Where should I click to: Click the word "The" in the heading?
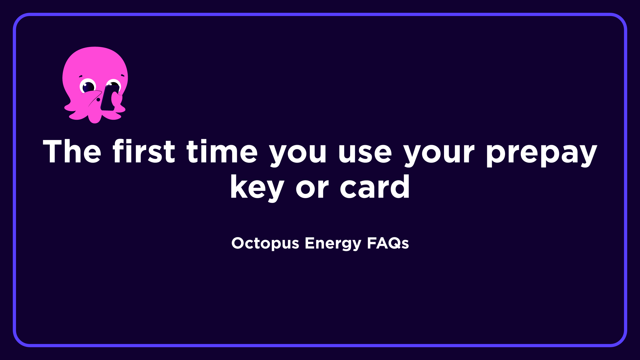pyautogui.click(x=72, y=151)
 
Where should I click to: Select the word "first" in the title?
pyautogui.click(x=144, y=151)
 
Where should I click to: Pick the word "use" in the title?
pyautogui.click(x=365, y=153)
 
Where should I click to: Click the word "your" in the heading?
pyautogui.click(x=439, y=153)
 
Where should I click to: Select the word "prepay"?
pyautogui.click(x=541, y=153)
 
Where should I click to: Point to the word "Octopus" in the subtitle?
pyautogui.click(x=265, y=243)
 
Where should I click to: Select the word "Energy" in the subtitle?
pyautogui.click(x=333, y=243)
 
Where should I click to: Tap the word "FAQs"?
pyautogui.click(x=388, y=243)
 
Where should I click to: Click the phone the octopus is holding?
pyautogui.click(x=109, y=97)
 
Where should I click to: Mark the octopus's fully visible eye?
pyautogui.click(x=88, y=86)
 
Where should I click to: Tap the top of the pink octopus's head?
pyautogui.click(x=95, y=51)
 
